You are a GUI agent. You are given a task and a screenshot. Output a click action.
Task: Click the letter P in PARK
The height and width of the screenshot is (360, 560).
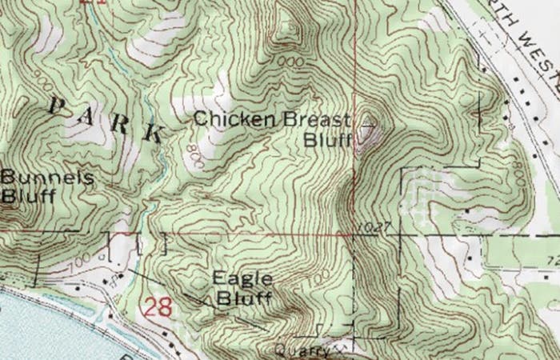click(x=56, y=104)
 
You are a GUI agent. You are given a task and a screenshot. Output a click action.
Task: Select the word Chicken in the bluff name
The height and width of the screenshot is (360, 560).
click(x=234, y=120)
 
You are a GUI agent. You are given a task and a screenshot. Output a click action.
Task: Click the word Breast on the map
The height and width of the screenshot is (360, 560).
click(x=314, y=120)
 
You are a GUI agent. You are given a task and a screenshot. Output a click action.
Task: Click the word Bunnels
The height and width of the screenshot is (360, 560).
click(x=36, y=178)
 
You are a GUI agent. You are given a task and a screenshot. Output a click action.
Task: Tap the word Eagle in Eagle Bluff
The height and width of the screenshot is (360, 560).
click(x=242, y=279)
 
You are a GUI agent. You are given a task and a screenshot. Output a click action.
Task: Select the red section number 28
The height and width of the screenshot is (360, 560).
click(x=158, y=306)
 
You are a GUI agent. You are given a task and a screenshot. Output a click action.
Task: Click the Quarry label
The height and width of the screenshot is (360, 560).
click(x=302, y=350)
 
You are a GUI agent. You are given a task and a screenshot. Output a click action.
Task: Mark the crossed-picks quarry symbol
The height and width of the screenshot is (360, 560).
click(x=342, y=348)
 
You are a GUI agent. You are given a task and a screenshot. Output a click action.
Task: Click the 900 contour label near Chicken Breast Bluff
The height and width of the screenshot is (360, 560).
click(x=294, y=61)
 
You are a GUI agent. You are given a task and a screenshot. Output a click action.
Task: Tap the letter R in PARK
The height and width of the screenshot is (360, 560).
click(x=120, y=122)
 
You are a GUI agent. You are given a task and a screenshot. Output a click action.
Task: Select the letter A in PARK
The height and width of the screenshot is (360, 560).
click(x=88, y=114)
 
